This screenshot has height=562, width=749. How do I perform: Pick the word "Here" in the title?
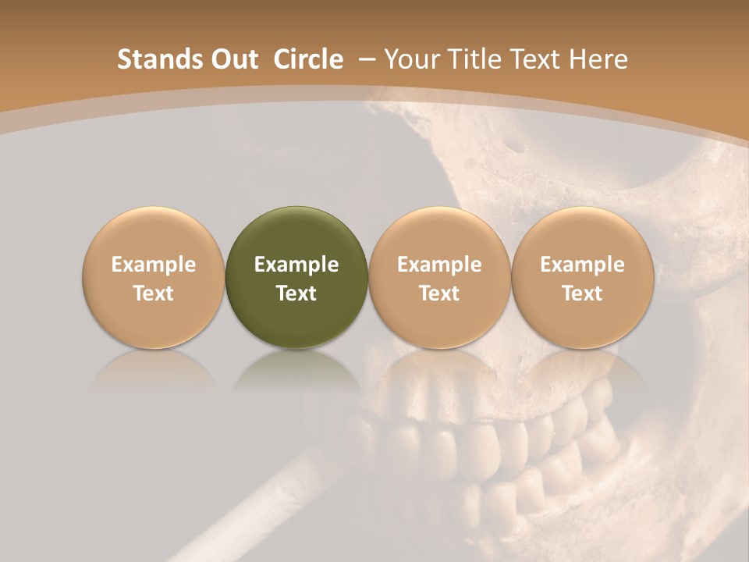pyautogui.click(x=600, y=59)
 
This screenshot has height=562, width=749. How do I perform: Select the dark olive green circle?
pyautogui.click(x=296, y=278)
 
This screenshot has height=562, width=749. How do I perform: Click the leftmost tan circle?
pyautogui.click(x=154, y=278)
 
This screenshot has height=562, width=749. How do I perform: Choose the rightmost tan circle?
pyautogui.click(x=583, y=278)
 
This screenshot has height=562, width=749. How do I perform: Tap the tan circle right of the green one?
pyautogui.click(x=439, y=278)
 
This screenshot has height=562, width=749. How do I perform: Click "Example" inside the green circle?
pyautogui.click(x=296, y=265)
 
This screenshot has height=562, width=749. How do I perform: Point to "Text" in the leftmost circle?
pyautogui.click(x=154, y=293)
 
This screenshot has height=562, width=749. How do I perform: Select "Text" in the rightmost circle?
pyautogui.click(x=583, y=293)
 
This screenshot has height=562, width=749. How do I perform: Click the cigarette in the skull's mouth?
pyautogui.click(x=257, y=507)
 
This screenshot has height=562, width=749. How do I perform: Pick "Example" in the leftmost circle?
pyautogui.click(x=154, y=265)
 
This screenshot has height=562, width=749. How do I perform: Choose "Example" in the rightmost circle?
pyautogui.click(x=583, y=265)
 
